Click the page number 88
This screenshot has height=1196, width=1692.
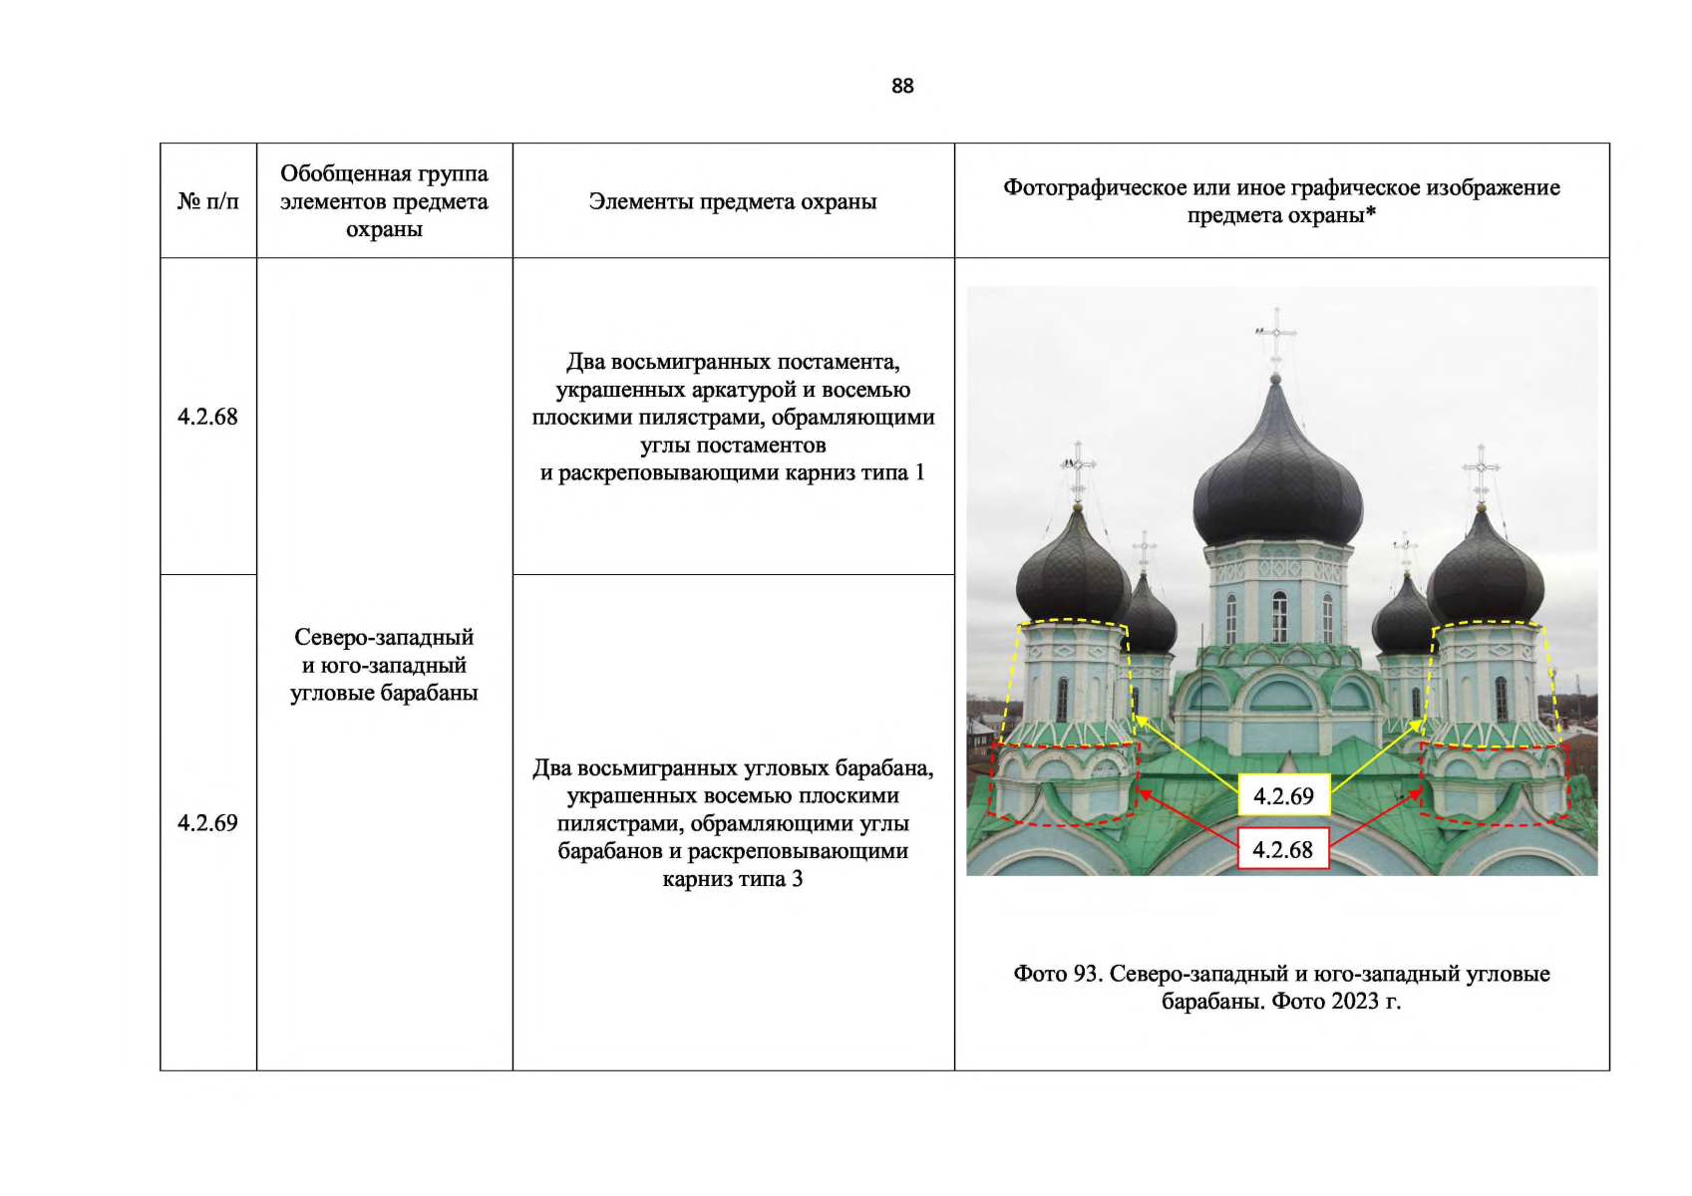[x=901, y=86]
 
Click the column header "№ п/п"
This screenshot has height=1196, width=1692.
[x=207, y=201]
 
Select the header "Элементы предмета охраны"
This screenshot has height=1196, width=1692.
[x=733, y=201]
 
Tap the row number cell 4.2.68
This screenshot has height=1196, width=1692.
[x=207, y=417]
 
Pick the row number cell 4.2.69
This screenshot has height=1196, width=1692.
[x=207, y=822]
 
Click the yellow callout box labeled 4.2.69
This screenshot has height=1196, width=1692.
[x=1283, y=795]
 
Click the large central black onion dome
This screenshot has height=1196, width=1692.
[x=1277, y=478]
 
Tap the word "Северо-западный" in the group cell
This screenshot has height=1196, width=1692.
[x=384, y=637]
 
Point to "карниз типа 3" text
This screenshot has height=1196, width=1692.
[x=733, y=879]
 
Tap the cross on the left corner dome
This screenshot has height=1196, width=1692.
[x=1077, y=468]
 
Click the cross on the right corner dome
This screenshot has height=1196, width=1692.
[x=1482, y=468]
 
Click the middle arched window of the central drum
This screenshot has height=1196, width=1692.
[x=1279, y=614]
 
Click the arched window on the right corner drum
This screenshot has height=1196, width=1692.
[x=1502, y=697]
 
